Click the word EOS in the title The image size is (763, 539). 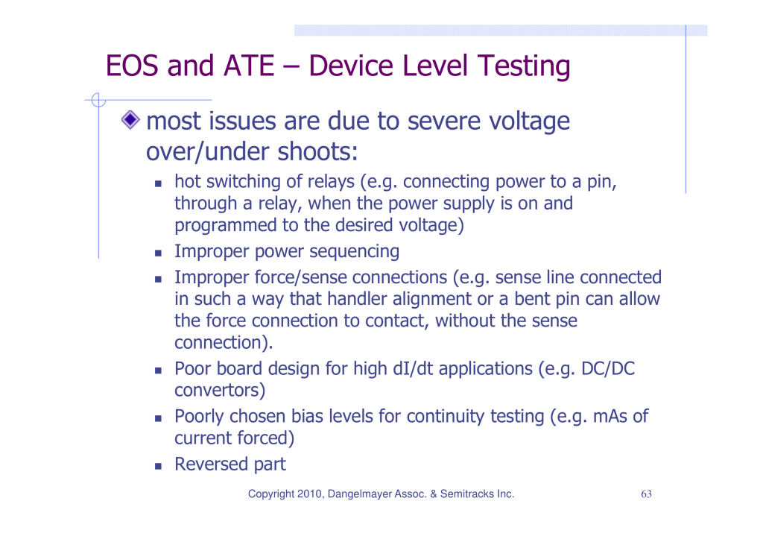132,66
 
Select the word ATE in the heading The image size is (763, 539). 249,66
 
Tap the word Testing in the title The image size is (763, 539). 523,67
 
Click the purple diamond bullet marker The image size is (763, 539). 130,120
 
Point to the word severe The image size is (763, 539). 444,121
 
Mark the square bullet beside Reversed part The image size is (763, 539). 158,466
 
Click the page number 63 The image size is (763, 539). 646,494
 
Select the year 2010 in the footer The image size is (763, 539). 309,494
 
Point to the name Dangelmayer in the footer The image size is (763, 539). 359,495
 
